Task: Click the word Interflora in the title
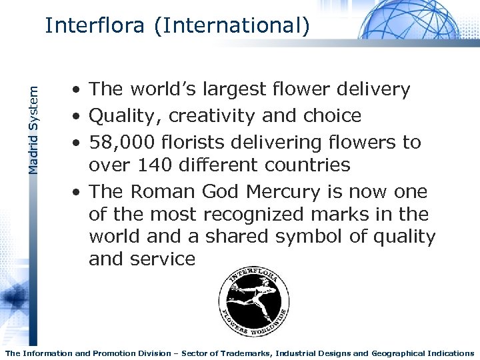[94, 26]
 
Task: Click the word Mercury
[286, 191]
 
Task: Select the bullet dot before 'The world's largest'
[77, 89]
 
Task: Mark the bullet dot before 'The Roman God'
[77, 191]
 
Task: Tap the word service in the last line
[164, 259]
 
